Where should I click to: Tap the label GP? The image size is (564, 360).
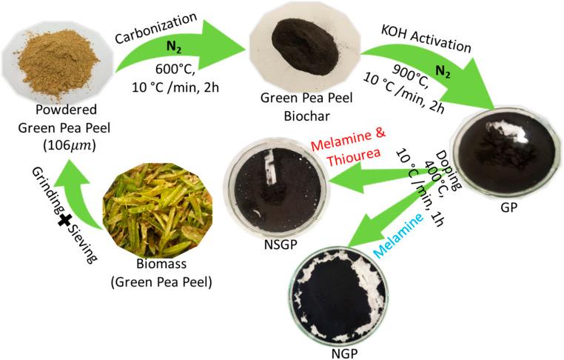509,210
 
